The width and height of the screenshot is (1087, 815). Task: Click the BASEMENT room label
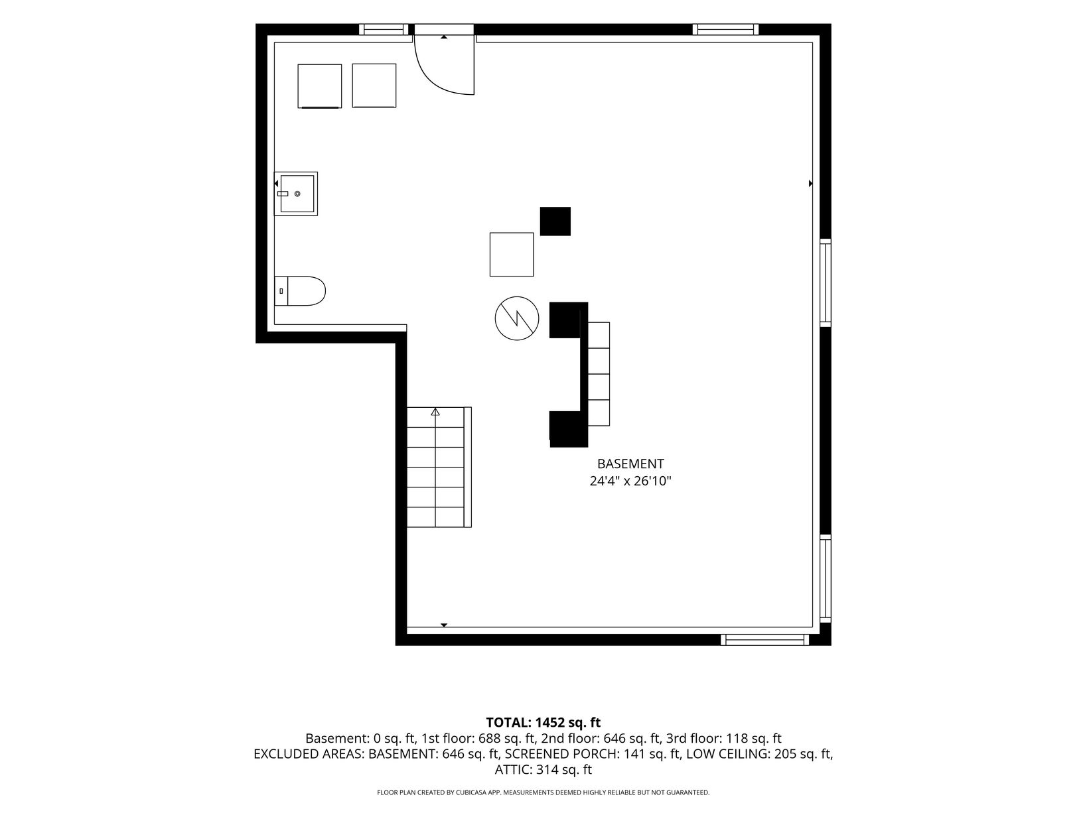coord(630,464)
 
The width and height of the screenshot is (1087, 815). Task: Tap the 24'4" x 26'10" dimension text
coord(630,481)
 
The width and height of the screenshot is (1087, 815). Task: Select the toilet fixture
coord(299,291)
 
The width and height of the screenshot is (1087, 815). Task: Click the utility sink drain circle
coord(297,194)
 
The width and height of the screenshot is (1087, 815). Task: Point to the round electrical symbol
coord(516,318)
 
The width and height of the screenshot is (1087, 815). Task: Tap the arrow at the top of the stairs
coord(435,412)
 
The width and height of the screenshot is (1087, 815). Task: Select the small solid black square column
coord(555,221)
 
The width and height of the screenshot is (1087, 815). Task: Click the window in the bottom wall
coord(764,640)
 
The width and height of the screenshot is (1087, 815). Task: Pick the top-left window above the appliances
coord(384,29)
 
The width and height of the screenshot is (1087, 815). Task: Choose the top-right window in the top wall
coord(725,29)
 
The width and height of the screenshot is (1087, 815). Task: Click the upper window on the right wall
coord(826,282)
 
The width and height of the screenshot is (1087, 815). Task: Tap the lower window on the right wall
coord(826,578)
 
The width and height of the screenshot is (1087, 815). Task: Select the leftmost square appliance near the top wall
coord(319,86)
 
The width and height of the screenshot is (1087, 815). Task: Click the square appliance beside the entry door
coord(374,86)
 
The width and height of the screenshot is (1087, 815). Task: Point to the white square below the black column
coord(512,255)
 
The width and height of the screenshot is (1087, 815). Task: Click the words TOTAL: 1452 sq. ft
coord(543,722)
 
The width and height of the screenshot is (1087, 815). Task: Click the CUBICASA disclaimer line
coord(543,792)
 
